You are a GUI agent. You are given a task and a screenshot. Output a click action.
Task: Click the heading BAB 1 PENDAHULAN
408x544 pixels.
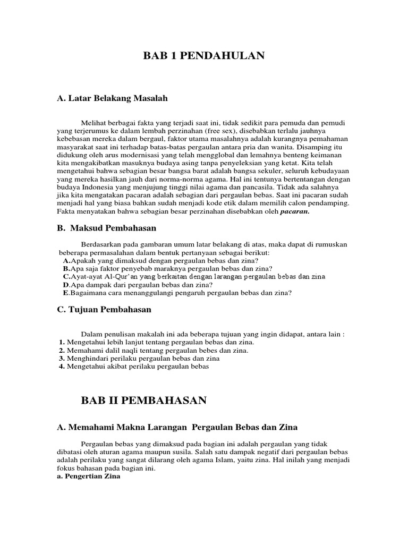pyautogui.click(x=204, y=56)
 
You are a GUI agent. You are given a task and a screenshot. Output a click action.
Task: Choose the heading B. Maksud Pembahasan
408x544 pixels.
pyautogui.click(x=106, y=228)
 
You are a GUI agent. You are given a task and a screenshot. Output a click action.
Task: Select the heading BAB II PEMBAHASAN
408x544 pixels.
pyautogui.click(x=143, y=401)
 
